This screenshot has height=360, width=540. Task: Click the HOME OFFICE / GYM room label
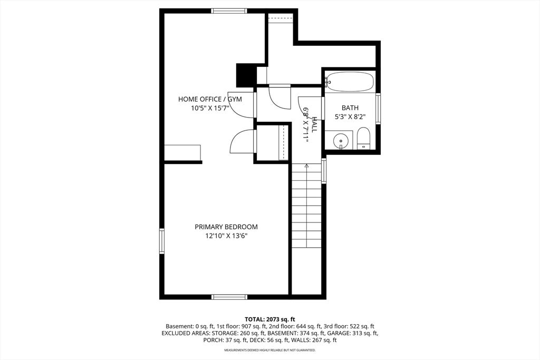(x=210, y=99)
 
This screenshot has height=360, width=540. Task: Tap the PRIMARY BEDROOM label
(x=226, y=227)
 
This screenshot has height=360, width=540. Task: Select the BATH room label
(x=350, y=108)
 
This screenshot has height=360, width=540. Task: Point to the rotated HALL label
(x=314, y=124)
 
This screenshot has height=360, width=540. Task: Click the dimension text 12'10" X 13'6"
(x=227, y=236)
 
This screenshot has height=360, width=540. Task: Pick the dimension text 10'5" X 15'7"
(x=210, y=109)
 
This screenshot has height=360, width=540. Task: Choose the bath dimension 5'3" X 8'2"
(x=350, y=116)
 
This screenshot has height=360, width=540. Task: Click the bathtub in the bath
(x=350, y=81)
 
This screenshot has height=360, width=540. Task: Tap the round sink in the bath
(x=341, y=140)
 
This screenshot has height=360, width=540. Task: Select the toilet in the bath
(x=363, y=138)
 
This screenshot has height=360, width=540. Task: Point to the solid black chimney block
(x=246, y=75)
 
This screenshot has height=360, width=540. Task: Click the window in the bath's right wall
(x=378, y=109)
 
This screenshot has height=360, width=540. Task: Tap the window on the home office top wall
(x=229, y=11)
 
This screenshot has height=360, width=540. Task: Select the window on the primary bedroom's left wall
(x=162, y=241)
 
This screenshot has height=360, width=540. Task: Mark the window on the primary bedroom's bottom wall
(x=229, y=297)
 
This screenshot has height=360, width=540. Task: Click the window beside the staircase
(x=324, y=170)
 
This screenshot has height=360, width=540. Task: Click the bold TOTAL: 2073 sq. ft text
(x=270, y=319)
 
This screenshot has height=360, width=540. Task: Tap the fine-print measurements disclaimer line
(x=270, y=351)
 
